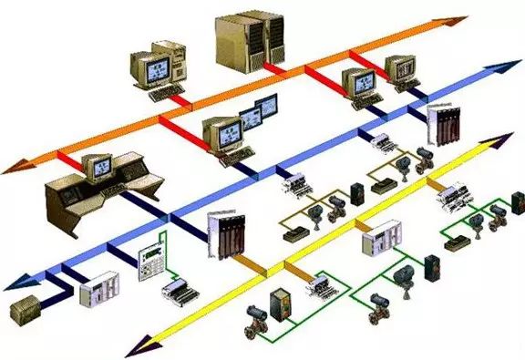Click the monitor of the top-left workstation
coord(151,67)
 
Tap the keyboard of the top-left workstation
coord(163,93)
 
